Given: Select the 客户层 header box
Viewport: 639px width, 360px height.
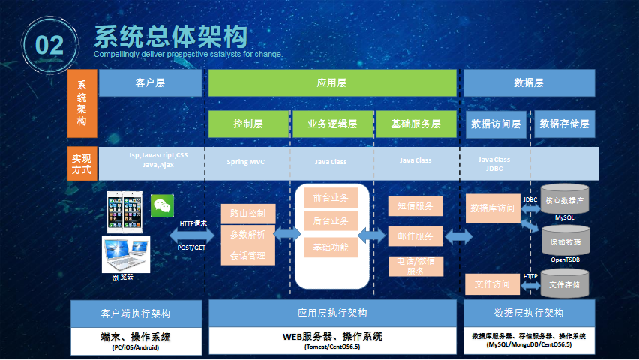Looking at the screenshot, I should [x=151, y=83].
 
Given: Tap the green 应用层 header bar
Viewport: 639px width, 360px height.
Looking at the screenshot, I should [x=331, y=83].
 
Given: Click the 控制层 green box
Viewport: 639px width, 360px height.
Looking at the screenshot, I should [x=248, y=124].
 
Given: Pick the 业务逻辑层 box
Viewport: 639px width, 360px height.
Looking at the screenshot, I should [x=331, y=124].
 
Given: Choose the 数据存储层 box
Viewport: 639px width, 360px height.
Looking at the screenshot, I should [x=564, y=124].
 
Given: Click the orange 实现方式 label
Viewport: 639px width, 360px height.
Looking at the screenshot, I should [x=82, y=164].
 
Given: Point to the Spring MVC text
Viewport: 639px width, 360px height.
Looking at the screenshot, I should [x=246, y=161].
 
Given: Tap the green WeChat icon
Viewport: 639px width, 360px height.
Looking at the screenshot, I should [x=161, y=207].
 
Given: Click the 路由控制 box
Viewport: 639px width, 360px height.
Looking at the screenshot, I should [x=248, y=214].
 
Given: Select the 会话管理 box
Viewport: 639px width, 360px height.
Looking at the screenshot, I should [x=248, y=255].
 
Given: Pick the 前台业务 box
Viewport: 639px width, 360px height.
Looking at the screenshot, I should [x=331, y=199].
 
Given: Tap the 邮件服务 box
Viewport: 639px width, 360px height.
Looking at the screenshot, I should [x=415, y=236].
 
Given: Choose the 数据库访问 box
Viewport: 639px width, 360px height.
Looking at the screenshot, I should [x=492, y=208].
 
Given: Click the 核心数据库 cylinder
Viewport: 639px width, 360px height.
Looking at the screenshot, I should [x=565, y=200].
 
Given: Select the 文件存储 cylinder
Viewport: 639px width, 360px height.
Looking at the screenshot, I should [x=565, y=284].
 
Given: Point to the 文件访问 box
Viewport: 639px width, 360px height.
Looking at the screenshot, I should [x=492, y=284].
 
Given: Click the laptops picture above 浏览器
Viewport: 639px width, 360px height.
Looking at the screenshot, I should [x=126, y=254].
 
